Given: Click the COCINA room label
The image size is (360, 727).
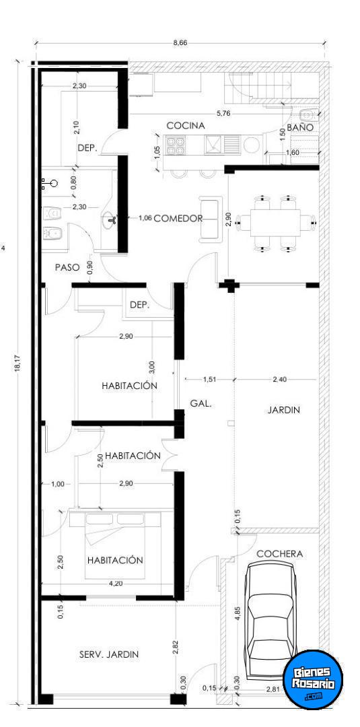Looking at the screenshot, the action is point(185,126).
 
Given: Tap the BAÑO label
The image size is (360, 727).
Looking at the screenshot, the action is point(299,127).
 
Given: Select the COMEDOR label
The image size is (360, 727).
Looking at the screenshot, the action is point(178,218).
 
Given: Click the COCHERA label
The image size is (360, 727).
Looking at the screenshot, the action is point(279,553).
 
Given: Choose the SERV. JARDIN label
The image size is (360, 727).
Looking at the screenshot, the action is point(109,654).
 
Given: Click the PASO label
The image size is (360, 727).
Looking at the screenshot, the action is point(67,267).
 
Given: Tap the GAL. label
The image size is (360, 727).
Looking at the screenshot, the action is point(201,403).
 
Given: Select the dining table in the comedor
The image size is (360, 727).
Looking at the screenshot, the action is point(275,223).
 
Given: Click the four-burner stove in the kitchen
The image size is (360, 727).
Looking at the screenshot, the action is point(176,145).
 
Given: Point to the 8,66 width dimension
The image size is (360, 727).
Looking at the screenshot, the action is point(180,42).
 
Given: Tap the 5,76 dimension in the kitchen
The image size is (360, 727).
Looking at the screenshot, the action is point(224,112).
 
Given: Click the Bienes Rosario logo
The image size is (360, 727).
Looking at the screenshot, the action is point(313,679).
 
